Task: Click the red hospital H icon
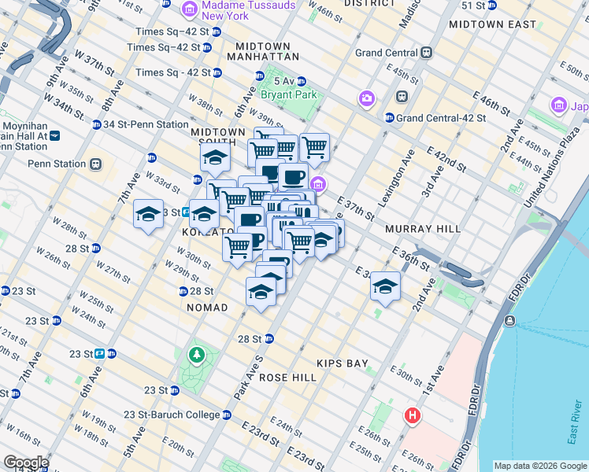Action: (x=413, y=415)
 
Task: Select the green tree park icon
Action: (x=195, y=356)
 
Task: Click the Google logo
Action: (x=26, y=463)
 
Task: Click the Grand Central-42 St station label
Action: (x=442, y=118)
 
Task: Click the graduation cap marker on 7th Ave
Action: (x=148, y=214)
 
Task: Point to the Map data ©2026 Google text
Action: (x=539, y=466)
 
